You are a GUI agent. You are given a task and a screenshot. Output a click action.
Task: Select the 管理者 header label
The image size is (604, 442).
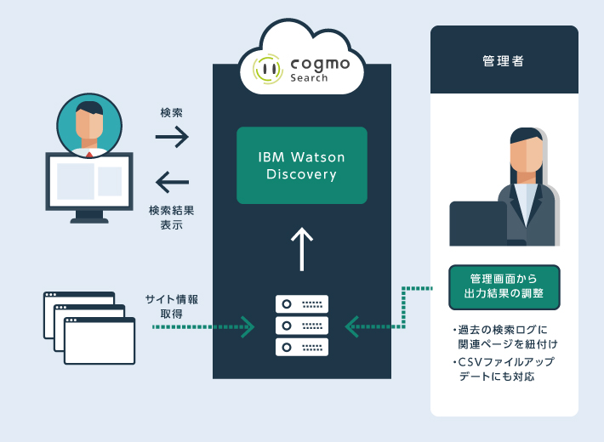pyautogui.click(x=503, y=61)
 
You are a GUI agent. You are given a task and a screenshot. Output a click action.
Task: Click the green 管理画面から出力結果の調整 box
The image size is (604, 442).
pyautogui.click(x=504, y=287)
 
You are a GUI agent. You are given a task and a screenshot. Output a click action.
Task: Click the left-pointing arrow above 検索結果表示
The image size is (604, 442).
pyautogui.click(x=172, y=181)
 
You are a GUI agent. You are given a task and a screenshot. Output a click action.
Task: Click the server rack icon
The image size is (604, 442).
pyautogui.click(x=302, y=325)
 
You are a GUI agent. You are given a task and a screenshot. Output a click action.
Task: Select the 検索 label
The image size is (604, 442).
pyautogui.click(x=172, y=112)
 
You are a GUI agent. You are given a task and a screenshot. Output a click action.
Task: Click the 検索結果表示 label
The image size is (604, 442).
pyautogui.click(x=172, y=218)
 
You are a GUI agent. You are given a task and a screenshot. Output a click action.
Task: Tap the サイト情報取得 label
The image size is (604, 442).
pyautogui.click(x=172, y=306)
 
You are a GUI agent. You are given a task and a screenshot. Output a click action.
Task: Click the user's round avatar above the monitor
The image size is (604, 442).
pyautogui.click(x=89, y=124)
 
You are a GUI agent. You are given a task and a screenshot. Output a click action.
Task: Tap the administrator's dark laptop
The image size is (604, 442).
pyautogui.click(x=478, y=223)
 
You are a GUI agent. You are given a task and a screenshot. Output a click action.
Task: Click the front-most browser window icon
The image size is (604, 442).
pyautogui.click(x=100, y=341)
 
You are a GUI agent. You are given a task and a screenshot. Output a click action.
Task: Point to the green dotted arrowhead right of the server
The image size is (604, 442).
pyautogui.click(x=350, y=325)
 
